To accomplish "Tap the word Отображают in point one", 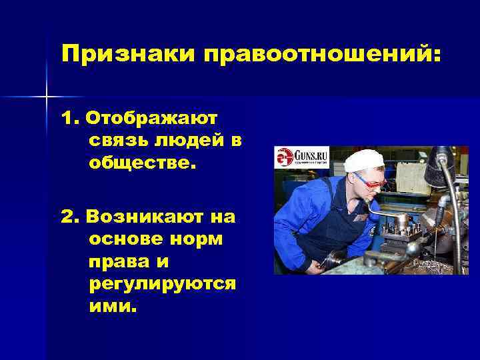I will pos(157,118).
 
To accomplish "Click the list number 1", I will pos(69,118).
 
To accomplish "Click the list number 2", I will pos(69,217).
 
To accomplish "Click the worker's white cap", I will pos(363,161).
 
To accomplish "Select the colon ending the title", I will pos(436,55).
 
